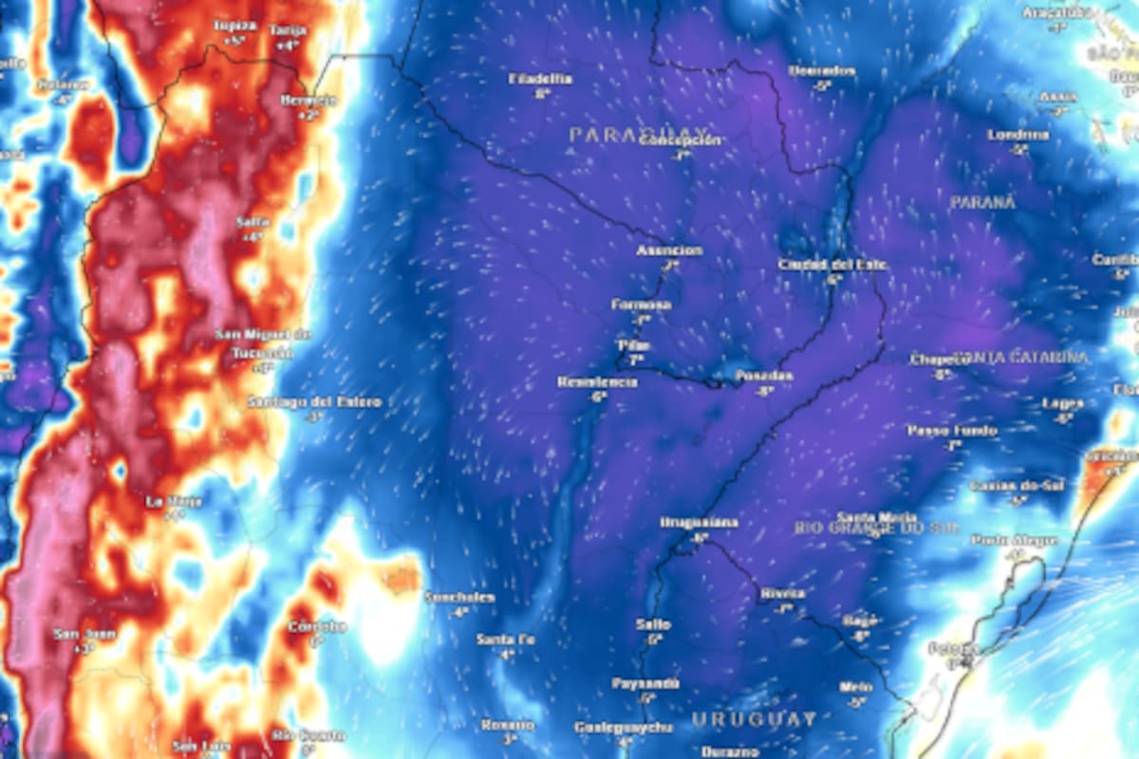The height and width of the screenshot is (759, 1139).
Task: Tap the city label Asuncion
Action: (x=669, y=250)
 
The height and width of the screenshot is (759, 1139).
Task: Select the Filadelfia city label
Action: (x=542, y=79)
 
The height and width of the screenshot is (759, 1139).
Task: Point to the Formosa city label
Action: (x=642, y=305)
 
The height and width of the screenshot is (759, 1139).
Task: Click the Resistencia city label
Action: (x=597, y=382)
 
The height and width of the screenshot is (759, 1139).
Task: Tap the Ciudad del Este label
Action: (x=832, y=265)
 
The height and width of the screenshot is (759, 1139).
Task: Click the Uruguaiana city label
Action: (x=700, y=523)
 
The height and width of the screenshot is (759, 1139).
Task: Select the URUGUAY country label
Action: (x=754, y=718)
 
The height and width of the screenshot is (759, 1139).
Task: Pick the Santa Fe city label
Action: (x=506, y=639)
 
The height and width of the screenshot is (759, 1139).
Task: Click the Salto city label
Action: (x=654, y=624)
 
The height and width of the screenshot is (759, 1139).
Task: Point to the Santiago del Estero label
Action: (x=315, y=402)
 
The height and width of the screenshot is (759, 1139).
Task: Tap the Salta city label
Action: (x=252, y=222)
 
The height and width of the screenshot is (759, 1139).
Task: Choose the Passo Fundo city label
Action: (x=951, y=431)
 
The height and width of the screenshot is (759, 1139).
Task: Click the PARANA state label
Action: (x=982, y=202)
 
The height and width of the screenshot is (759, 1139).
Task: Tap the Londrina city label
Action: (x=1018, y=135)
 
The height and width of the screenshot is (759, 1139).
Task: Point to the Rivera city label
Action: (x=782, y=594)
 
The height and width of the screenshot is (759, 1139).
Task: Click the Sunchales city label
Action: (x=459, y=598)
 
